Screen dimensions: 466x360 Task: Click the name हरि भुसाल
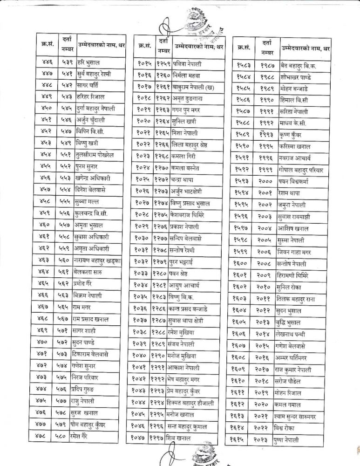pyautogui.click(x=87, y=62)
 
